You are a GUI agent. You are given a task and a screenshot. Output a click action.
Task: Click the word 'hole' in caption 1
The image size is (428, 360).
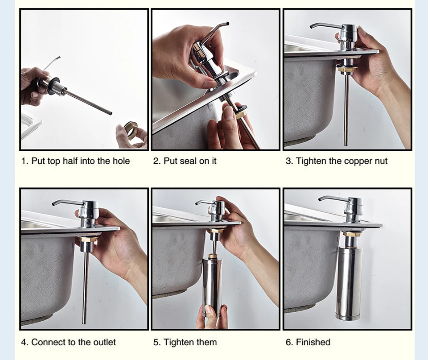tap(121, 161)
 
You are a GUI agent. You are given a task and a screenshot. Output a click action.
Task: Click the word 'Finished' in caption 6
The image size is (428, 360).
tap(313, 342)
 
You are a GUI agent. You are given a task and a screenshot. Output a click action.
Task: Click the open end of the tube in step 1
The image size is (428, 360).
tap(110, 112)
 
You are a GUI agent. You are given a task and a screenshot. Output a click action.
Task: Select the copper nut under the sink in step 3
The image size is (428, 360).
tap(346, 68)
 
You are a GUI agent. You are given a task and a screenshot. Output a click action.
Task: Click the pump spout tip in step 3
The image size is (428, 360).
tap(312, 27)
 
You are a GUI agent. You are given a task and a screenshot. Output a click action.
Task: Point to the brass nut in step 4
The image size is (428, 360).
tap(88, 240)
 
